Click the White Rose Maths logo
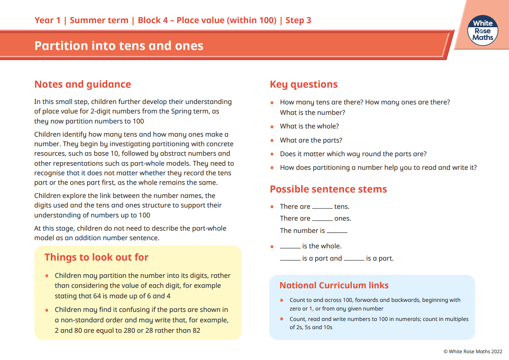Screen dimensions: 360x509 coord(482,30)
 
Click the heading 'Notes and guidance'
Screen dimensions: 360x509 coord(83,84)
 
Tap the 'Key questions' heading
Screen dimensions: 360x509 coord(304,84)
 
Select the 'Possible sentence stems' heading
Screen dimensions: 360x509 coord(328,189)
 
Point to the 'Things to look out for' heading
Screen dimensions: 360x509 coord(96,257)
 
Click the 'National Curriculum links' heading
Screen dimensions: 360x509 coord(334,286)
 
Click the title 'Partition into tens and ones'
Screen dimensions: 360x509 coord(119,46)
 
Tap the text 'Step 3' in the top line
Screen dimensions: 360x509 coord(298,20)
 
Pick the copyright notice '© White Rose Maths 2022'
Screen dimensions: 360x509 coord(473,351)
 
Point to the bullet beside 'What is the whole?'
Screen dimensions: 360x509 coord(272,127)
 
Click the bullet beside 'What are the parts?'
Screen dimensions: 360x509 coord(272,141)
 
